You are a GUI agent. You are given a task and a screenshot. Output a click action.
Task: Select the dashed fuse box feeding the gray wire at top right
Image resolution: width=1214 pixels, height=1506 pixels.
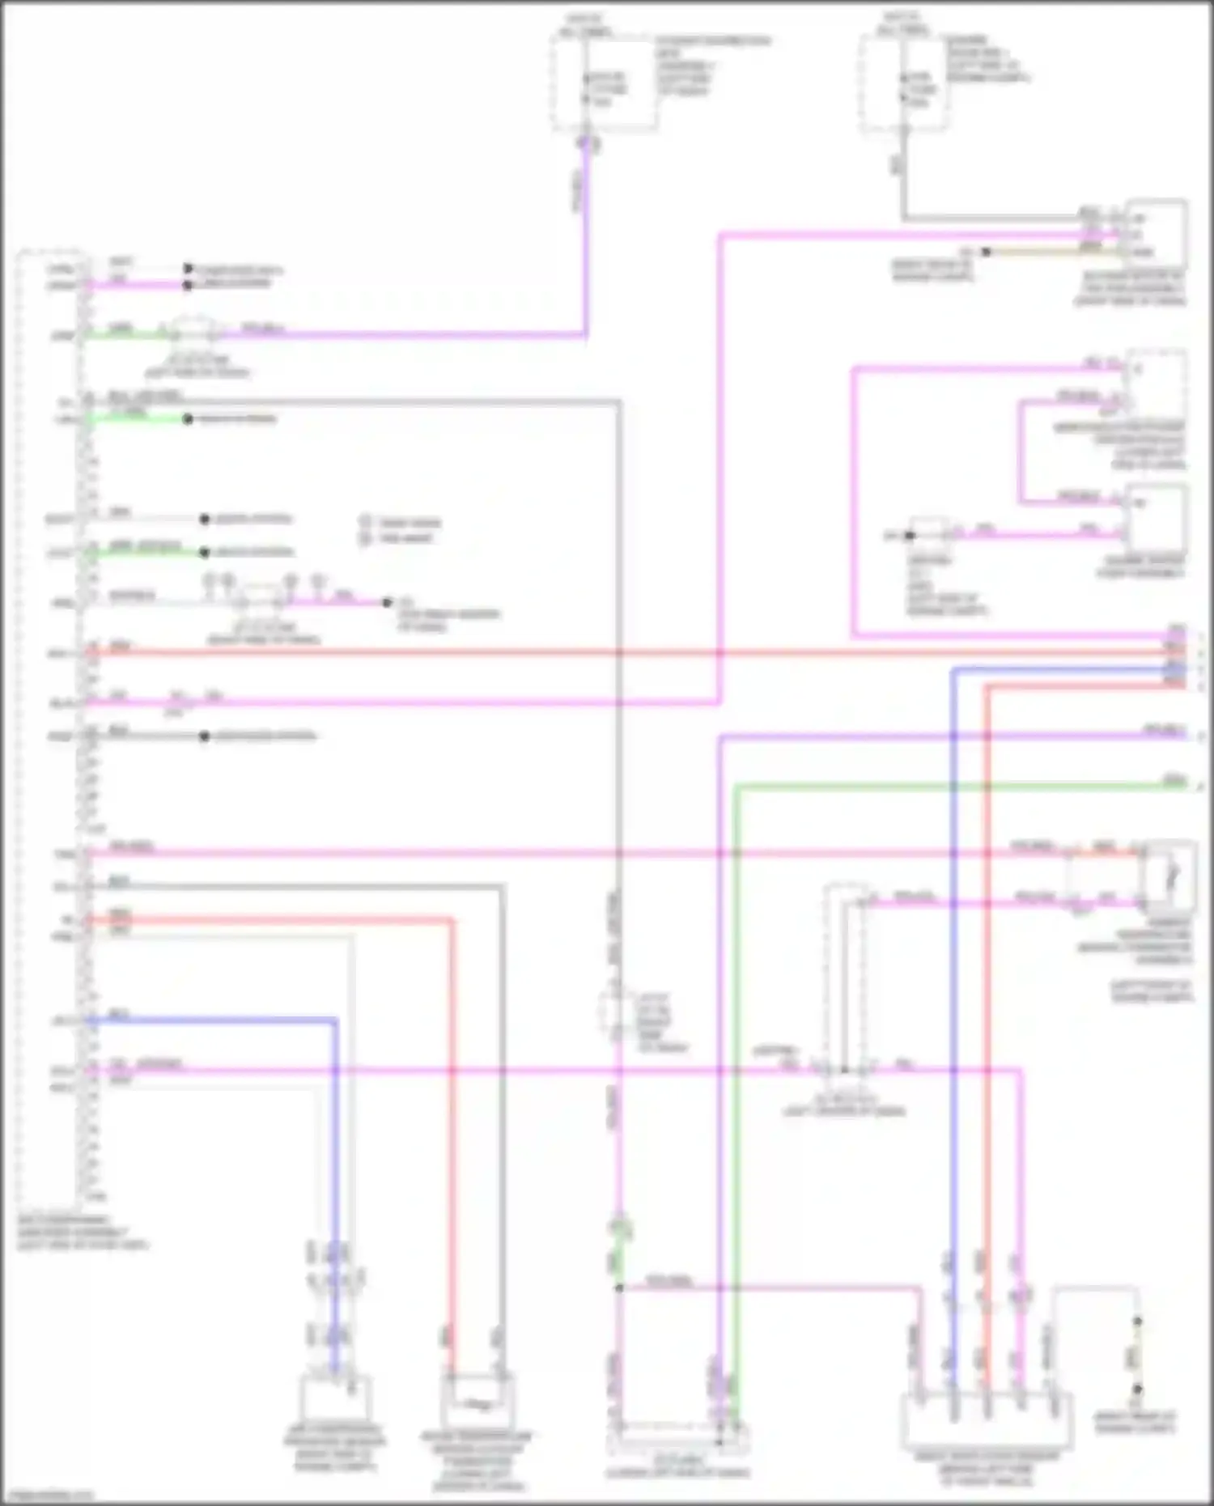point(904,83)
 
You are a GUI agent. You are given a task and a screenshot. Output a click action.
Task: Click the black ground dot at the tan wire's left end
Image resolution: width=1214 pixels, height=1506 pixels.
point(986,252)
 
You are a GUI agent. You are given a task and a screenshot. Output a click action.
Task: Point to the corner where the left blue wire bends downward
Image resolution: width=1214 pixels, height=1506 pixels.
point(335,1021)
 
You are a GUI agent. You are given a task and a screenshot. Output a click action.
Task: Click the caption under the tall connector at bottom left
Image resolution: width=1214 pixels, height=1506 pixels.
point(81,1232)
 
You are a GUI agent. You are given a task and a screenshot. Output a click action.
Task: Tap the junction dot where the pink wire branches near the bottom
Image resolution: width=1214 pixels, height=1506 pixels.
point(619,1287)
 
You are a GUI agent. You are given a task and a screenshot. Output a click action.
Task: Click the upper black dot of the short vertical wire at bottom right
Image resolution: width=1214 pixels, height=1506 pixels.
point(1136,1321)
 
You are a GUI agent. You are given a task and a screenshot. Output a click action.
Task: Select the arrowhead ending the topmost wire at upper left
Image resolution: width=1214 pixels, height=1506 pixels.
point(188,268)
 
